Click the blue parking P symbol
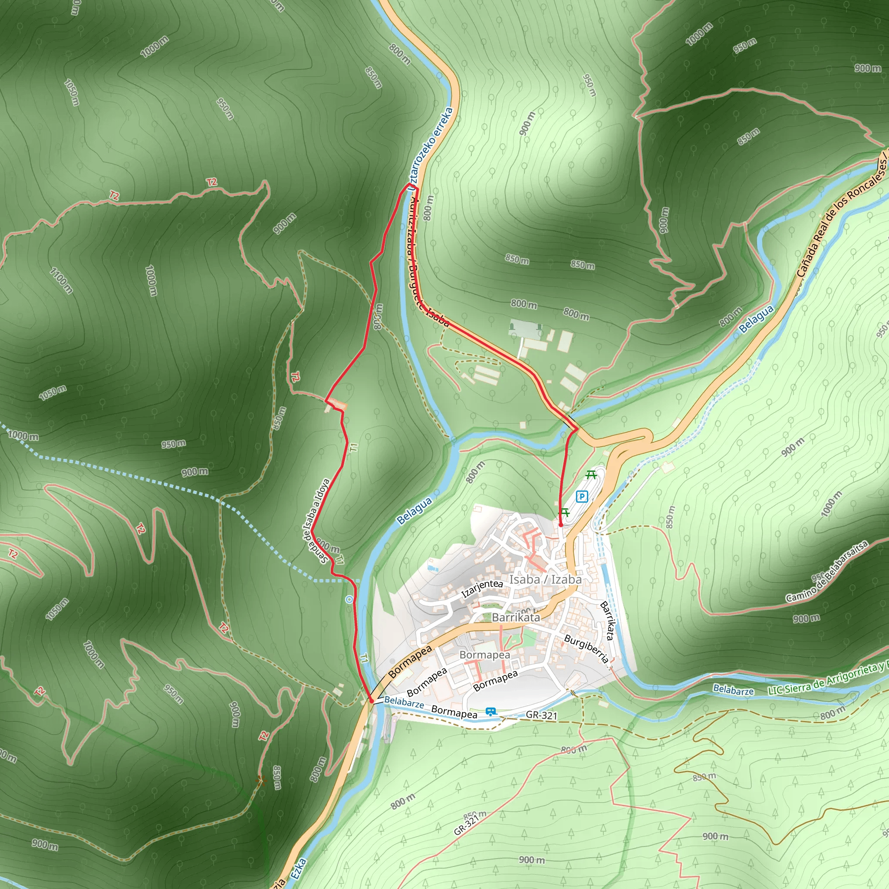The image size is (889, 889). coord(582,497)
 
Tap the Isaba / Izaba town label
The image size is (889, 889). coord(545,579)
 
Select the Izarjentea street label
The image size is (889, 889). coord(482,588)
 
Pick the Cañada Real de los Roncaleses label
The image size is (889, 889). coord(842,216)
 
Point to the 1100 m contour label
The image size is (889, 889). coord(61,280)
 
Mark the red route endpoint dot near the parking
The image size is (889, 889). coord(560,524)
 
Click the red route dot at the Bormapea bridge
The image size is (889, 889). coord(371,700)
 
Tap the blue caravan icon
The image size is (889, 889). coord(491,712)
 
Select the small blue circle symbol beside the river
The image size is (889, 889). coord(349,599)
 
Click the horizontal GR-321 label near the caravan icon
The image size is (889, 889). coord(541,715)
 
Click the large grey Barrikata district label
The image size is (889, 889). coord(515,617)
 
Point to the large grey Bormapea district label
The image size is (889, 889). coord(484,654)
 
